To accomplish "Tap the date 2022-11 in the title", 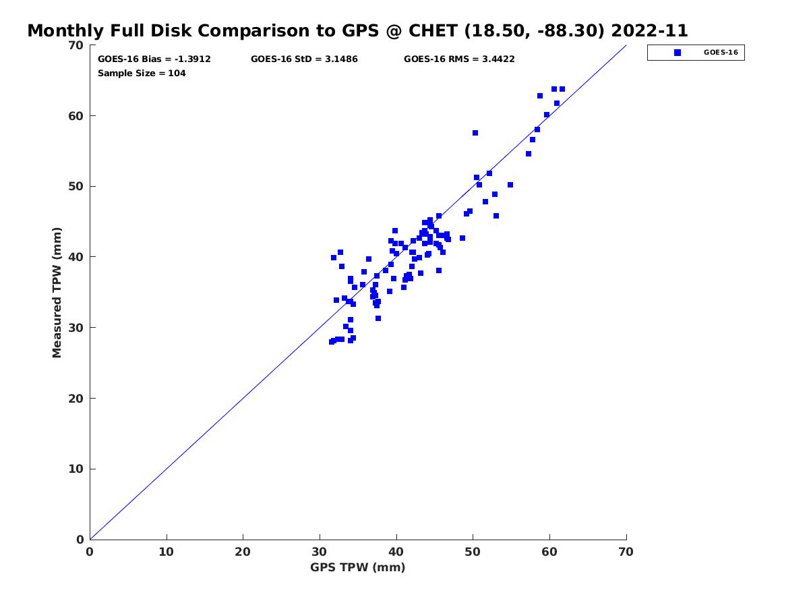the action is (x=649, y=30).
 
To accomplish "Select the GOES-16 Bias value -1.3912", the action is (x=192, y=59).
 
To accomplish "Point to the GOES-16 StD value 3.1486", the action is (x=341, y=59).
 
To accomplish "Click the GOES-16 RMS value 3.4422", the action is (x=498, y=59).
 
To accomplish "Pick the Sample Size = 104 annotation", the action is (x=142, y=74).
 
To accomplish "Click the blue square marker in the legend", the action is (x=678, y=53).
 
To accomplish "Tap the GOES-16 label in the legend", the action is (x=721, y=53).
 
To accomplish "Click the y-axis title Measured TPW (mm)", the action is (x=57, y=293).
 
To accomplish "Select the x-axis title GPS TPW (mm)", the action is (x=357, y=567).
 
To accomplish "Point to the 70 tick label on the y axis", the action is (x=76, y=45).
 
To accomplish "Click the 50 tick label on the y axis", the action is (x=76, y=187).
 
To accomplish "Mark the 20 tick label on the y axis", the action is (x=76, y=399).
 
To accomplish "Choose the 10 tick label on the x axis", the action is (x=167, y=552).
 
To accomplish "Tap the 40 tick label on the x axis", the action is (x=396, y=552).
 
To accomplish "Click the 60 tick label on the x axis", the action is (x=549, y=552).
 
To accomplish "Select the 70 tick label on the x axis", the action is (x=626, y=552).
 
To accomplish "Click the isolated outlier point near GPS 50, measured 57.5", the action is (x=475, y=133).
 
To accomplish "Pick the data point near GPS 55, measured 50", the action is (x=510, y=185).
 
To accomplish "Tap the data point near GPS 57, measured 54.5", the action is (x=529, y=154).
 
